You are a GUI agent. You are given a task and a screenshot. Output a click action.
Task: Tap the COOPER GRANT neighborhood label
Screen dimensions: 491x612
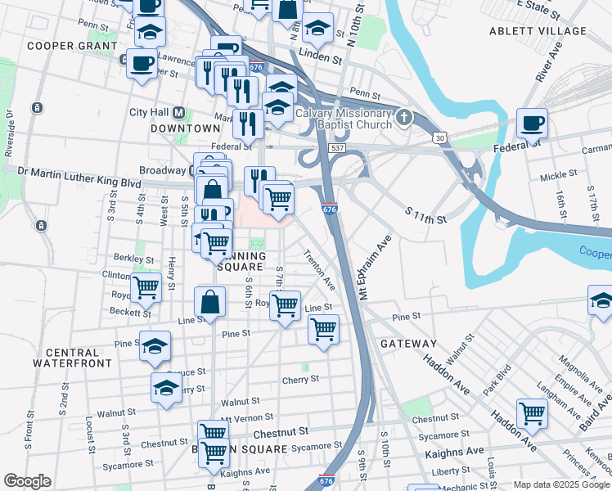(66, 46)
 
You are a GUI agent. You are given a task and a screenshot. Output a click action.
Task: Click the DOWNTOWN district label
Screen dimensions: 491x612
(186, 128)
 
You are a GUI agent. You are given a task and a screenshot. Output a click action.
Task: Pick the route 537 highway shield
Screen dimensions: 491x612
(336, 148)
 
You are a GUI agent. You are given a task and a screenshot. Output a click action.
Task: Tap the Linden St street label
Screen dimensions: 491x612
(320, 60)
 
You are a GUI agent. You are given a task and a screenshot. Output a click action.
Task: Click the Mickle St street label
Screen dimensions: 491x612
(559, 175)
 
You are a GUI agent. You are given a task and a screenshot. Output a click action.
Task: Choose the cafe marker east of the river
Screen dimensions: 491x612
(532, 124)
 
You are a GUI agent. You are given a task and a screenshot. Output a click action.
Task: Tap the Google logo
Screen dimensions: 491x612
(28, 481)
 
